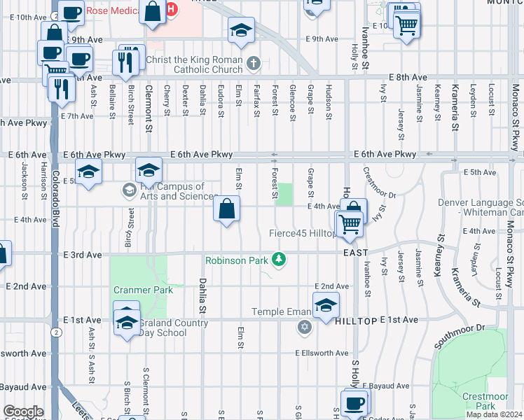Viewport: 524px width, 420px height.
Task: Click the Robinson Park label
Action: click(x=237, y=260)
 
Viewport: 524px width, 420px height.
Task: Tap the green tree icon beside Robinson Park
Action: click(x=280, y=260)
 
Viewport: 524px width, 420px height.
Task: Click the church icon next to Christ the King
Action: click(x=254, y=64)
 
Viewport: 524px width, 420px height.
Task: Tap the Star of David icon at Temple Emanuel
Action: click(x=304, y=327)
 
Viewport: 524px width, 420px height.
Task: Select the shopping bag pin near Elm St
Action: click(x=227, y=209)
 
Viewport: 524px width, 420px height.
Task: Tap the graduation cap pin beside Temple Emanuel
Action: click(x=326, y=306)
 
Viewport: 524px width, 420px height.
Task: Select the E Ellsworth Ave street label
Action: click(x=322, y=353)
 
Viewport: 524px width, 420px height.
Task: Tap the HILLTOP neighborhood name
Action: click(x=356, y=319)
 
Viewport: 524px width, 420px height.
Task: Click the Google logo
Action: click(x=23, y=412)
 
